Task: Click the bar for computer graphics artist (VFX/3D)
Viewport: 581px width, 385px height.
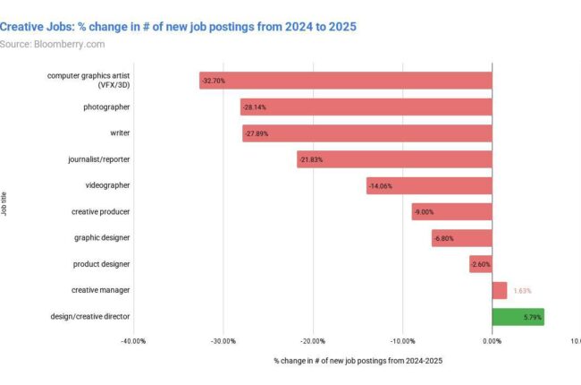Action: (x=345, y=81)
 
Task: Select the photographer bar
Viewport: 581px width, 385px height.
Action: (x=366, y=107)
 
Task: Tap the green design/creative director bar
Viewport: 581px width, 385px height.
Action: (x=518, y=317)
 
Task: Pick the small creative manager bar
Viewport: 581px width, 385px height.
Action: (x=499, y=291)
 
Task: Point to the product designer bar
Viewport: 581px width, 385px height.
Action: (x=480, y=264)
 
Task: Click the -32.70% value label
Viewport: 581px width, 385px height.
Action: (x=214, y=81)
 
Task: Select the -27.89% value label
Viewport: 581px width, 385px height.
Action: (x=256, y=133)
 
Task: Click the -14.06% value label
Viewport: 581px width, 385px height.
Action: (x=379, y=186)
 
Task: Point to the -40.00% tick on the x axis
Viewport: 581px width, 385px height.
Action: (x=133, y=341)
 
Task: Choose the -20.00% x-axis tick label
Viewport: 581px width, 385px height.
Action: (x=313, y=341)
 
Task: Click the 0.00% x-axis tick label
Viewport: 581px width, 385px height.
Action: (x=492, y=341)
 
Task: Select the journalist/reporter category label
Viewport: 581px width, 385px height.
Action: (x=99, y=159)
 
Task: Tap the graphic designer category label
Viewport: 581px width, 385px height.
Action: (x=102, y=238)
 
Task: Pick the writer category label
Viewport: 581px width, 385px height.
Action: (x=119, y=133)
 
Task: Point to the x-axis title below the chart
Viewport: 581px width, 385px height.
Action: (x=358, y=361)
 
